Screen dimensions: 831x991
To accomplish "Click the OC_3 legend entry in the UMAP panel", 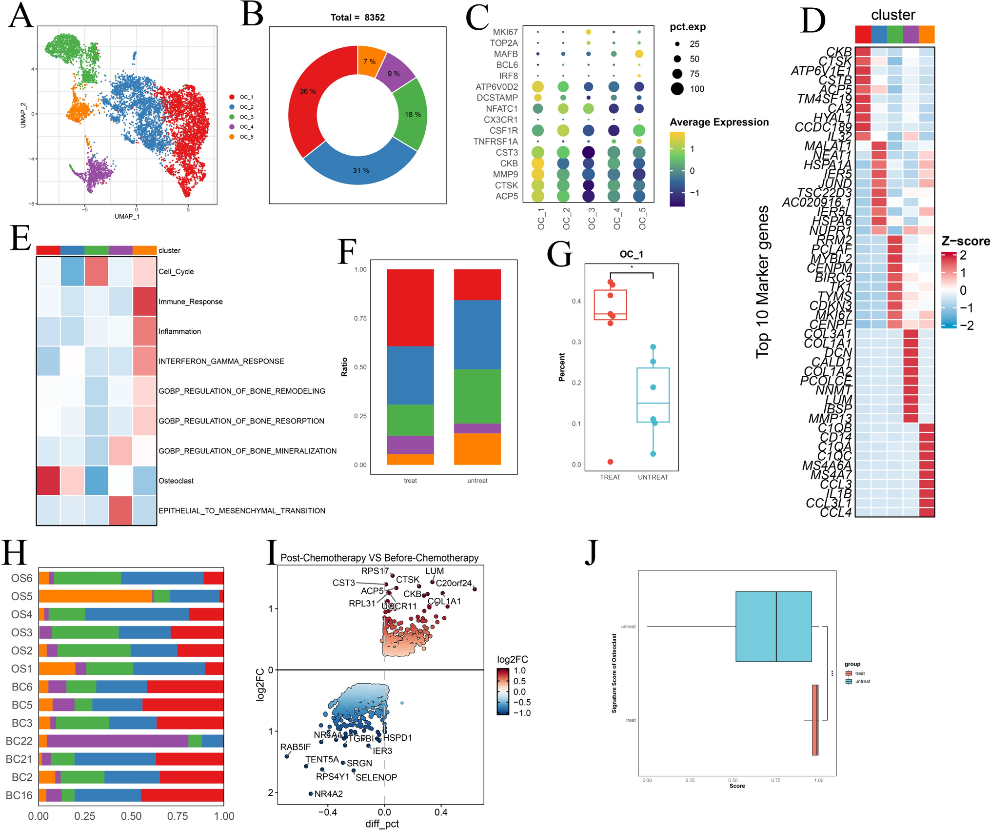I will pyautogui.click(x=246, y=117).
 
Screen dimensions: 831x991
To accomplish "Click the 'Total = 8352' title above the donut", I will pyautogui.click(x=357, y=18).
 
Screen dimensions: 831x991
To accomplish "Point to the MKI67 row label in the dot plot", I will pyautogui.click(x=505, y=32).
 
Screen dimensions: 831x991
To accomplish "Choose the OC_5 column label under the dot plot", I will pyautogui.click(x=642, y=218).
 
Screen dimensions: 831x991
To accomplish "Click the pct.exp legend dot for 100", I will pyautogui.click(x=677, y=89).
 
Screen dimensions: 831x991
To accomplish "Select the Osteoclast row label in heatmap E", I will pyautogui.click(x=176, y=481).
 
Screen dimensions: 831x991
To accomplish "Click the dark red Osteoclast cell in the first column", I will pyautogui.click(x=48, y=481).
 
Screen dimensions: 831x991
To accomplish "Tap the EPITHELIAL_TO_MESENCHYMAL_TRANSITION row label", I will pyautogui.click(x=242, y=511).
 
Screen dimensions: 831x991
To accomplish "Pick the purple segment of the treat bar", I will pyautogui.click(x=410, y=445).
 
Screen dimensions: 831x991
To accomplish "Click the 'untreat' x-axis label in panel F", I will pyautogui.click(x=477, y=481).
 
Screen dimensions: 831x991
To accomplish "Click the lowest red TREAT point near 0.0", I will pyautogui.click(x=611, y=462).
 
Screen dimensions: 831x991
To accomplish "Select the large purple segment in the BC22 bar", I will pyautogui.click(x=117, y=741).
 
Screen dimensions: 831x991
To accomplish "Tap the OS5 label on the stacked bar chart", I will pyautogui.click(x=21, y=596).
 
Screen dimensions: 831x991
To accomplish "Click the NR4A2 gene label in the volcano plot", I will pyautogui.click(x=328, y=794).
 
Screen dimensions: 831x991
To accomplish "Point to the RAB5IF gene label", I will pyautogui.click(x=295, y=747).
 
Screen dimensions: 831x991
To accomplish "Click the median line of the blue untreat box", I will pyautogui.click(x=776, y=627).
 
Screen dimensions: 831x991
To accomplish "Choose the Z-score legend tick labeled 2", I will pyautogui.click(x=963, y=255).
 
